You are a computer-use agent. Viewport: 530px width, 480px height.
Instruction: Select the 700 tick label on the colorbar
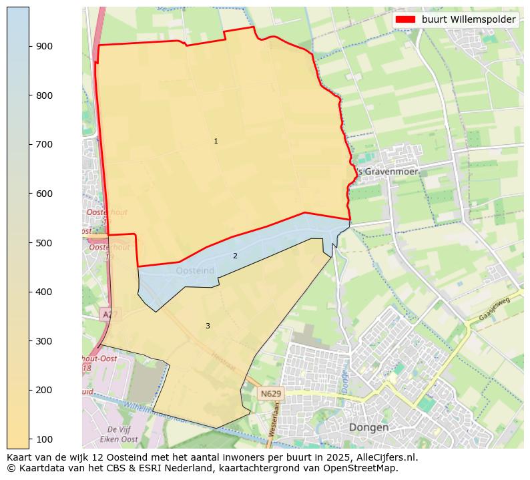coord(44,144)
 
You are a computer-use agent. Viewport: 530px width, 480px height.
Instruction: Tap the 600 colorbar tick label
coord(44,194)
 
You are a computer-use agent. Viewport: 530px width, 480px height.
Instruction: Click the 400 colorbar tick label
coord(44,292)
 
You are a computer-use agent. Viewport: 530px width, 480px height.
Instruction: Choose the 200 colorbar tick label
coord(44,390)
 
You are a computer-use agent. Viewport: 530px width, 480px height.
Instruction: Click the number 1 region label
coord(216,142)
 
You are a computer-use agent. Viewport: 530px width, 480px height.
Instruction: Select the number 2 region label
coord(235,256)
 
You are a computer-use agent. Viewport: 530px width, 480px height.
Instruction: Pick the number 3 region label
coord(208,326)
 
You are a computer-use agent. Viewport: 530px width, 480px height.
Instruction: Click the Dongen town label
coord(368,427)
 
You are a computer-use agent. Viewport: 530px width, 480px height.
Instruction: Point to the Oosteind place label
coord(196,271)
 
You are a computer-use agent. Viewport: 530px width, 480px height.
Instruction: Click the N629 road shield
coord(271,394)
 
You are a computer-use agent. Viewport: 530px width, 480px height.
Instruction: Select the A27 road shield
coord(109,313)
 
